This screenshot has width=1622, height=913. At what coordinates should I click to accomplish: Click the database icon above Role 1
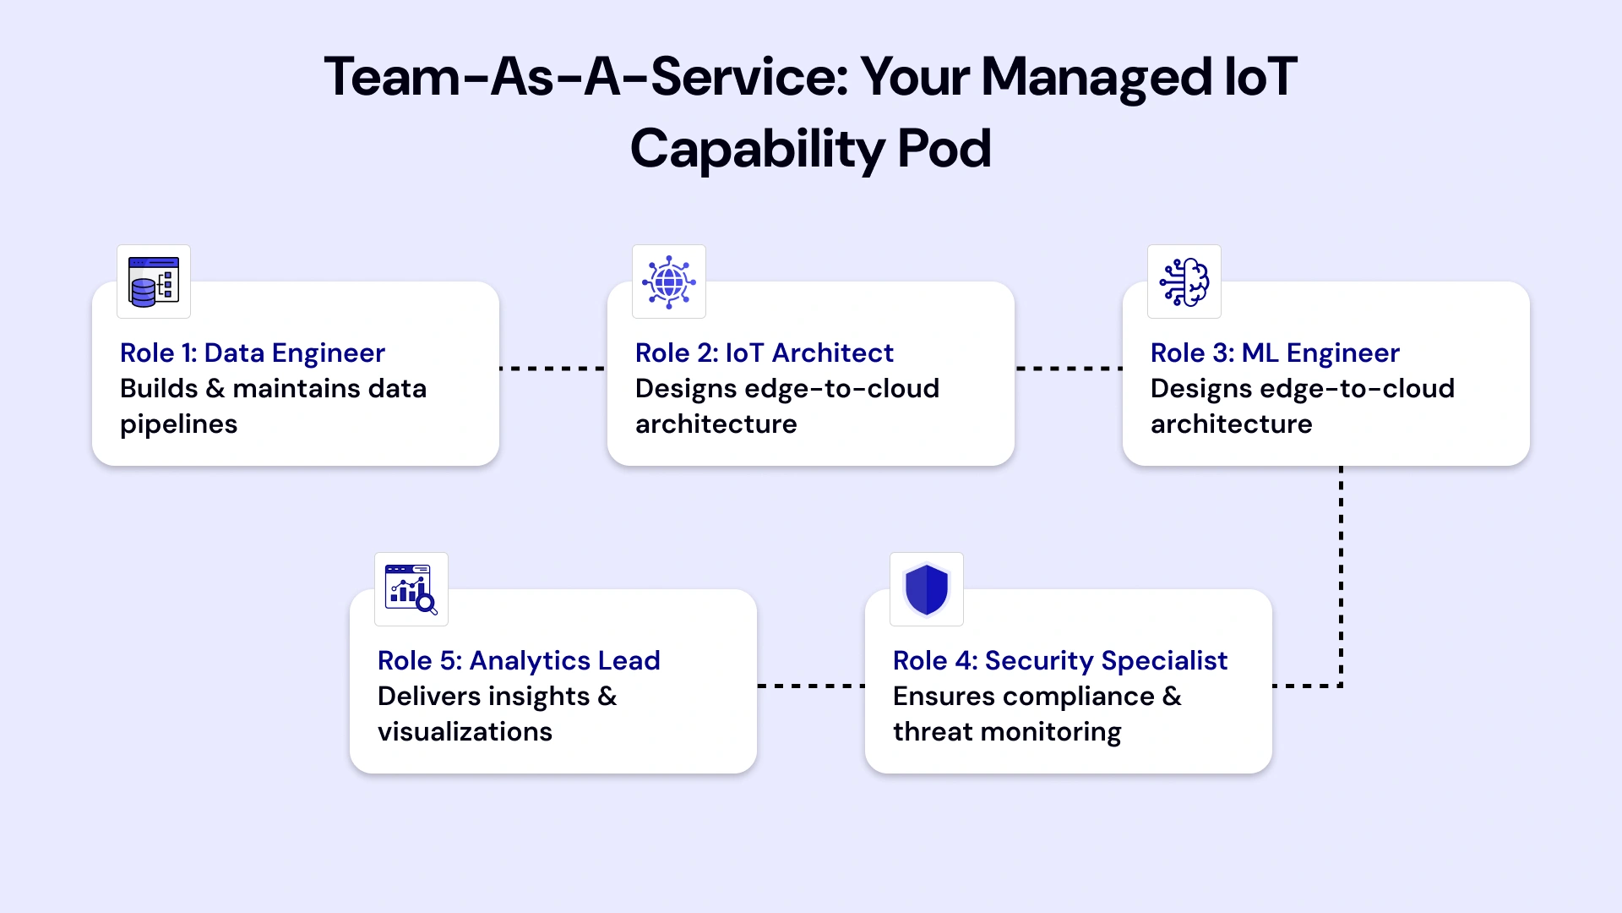coord(154,282)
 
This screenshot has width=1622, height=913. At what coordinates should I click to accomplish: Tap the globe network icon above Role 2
coord(669,282)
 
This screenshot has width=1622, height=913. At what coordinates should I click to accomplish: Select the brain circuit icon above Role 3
coord(1184,282)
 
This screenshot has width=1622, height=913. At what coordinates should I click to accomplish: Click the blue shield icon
coord(927,589)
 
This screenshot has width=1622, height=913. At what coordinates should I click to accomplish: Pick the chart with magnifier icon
coord(411,589)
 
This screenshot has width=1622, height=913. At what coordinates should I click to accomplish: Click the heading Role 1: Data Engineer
coord(253,353)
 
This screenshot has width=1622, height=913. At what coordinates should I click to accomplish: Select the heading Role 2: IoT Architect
coord(765,353)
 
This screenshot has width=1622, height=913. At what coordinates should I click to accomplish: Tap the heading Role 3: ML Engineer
coord(1275,353)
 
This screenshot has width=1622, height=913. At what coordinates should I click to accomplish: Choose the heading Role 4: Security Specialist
coord(1060,660)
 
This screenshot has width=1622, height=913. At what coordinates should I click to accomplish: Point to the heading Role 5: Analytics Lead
coord(519,660)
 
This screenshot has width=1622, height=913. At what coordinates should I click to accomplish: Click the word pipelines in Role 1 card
coord(178,424)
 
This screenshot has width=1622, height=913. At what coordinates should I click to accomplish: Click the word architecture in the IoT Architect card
coord(716,424)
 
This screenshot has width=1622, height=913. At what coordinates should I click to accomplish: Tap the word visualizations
coord(465,731)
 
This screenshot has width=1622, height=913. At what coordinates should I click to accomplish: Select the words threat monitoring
coord(1007,731)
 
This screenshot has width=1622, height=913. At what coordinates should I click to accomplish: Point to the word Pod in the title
coord(944,149)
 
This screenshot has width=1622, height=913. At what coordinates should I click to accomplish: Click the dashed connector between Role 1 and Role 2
coord(553,369)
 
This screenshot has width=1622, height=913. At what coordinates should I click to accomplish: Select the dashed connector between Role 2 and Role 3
coord(1069,369)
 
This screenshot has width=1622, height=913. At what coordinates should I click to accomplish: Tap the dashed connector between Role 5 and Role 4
coord(811,686)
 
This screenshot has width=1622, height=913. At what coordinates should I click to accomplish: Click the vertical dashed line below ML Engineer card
coord(1341,575)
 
